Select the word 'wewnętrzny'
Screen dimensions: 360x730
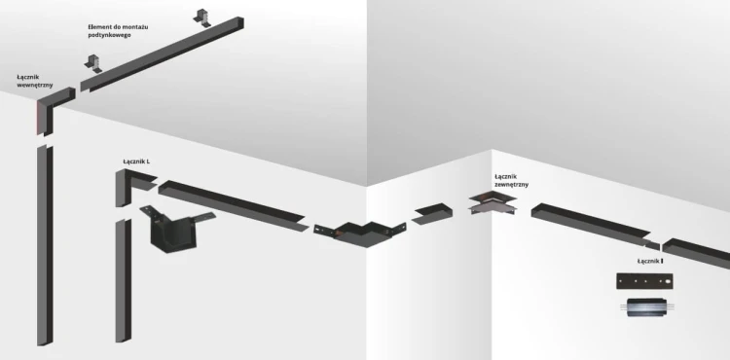(x=35, y=85)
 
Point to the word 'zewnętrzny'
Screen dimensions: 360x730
(x=512, y=183)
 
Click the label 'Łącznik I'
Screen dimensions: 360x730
(x=649, y=262)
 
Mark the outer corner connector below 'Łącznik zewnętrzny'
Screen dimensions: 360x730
(x=495, y=205)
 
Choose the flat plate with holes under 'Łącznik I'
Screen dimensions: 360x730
(x=642, y=281)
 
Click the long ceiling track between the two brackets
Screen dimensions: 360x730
(x=161, y=49)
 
